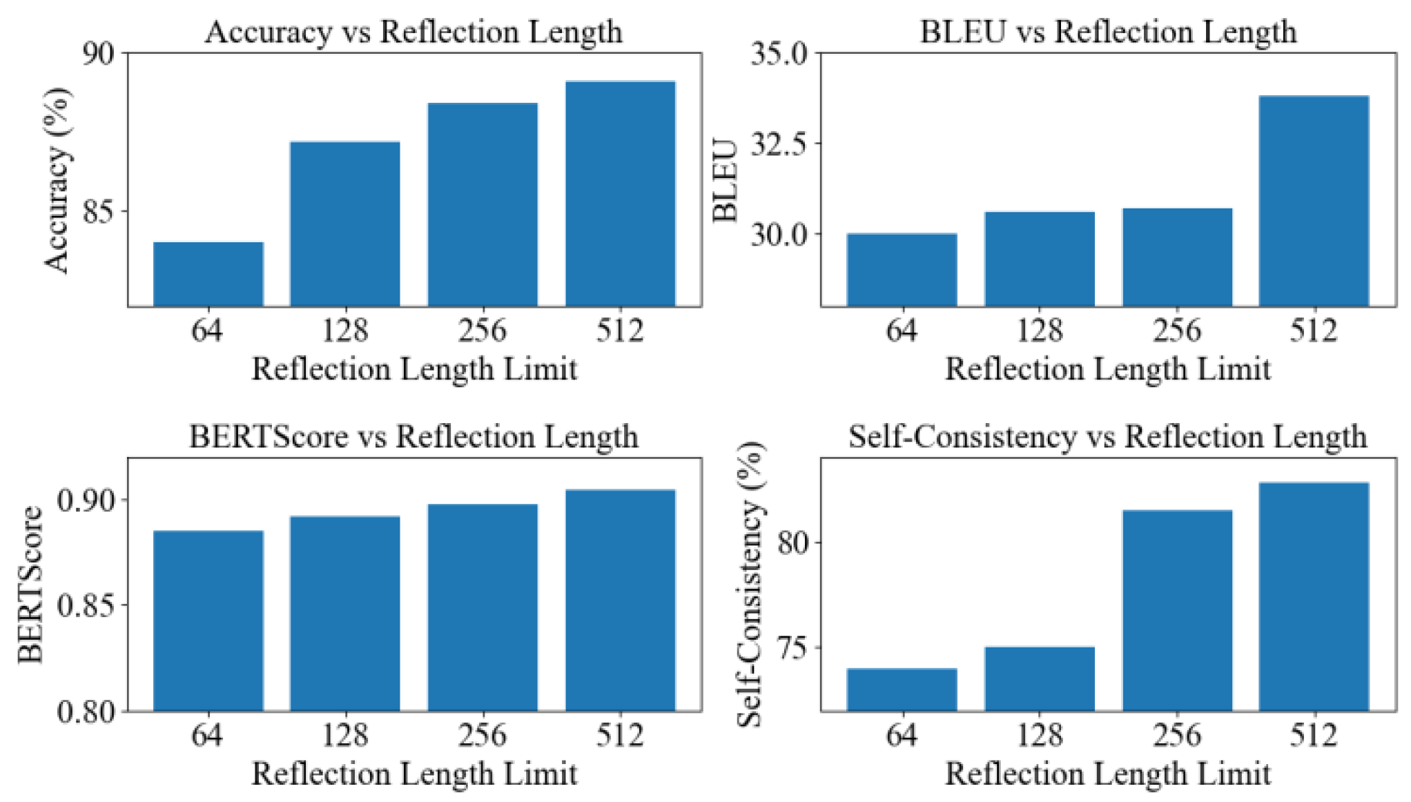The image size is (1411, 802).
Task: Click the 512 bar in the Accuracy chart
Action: click(x=620, y=193)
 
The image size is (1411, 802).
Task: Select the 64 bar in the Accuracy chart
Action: click(x=208, y=274)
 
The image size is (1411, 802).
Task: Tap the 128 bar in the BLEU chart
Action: click(x=1039, y=259)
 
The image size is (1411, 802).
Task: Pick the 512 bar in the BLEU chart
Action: click(x=1314, y=201)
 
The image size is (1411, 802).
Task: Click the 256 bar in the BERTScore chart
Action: click(x=483, y=607)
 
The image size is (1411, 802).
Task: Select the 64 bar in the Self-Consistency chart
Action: click(x=902, y=689)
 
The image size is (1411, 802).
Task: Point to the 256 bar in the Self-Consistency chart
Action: click(x=1177, y=610)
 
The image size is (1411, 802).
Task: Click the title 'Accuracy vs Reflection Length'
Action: click(x=413, y=32)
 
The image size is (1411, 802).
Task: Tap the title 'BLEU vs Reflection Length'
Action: click(x=1108, y=32)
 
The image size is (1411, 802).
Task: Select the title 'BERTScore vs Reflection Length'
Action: click(x=413, y=436)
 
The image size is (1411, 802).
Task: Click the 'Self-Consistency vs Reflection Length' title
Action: click(x=1107, y=436)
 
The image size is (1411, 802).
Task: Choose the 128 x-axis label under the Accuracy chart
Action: click(x=345, y=331)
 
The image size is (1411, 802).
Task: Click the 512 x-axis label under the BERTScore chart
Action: click(x=620, y=735)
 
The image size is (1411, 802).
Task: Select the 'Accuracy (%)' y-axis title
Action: click(x=57, y=180)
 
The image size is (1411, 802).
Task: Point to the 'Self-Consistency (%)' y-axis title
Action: click(x=751, y=585)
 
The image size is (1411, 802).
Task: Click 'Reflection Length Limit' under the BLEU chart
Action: click(x=1107, y=369)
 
